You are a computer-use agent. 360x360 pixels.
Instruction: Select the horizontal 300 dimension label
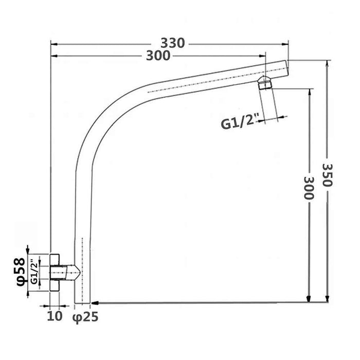tap(158, 56)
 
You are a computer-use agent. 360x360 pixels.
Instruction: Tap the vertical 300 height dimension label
tap(309, 188)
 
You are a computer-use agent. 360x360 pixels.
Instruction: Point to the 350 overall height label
tap(328, 175)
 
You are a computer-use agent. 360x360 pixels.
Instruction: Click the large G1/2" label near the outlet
tap(239, 123)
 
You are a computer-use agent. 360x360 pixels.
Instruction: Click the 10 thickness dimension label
tap(55, 315)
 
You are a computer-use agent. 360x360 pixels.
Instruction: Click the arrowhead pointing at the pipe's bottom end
tap(97, 302)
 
